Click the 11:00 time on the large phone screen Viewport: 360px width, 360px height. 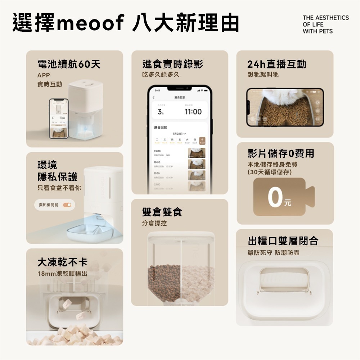[193, 112]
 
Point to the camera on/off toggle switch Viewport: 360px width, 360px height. [67, 205]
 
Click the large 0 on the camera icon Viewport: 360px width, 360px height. [275, 198]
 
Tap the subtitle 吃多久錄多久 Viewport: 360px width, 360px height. [161, 75]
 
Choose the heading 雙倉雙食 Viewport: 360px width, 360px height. [162, 212]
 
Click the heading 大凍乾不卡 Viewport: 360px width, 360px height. [62, 262]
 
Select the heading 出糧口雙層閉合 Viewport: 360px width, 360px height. [283, 241]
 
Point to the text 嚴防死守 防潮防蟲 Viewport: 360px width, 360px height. [273, 253]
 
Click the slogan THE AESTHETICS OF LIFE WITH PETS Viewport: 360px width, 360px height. [325, 24]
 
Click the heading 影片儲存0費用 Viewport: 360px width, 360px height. [281, 154]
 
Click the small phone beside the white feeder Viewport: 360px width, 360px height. [59, 118]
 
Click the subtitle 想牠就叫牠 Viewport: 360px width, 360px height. [263, 75]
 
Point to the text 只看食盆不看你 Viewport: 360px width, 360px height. [59, 188]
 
